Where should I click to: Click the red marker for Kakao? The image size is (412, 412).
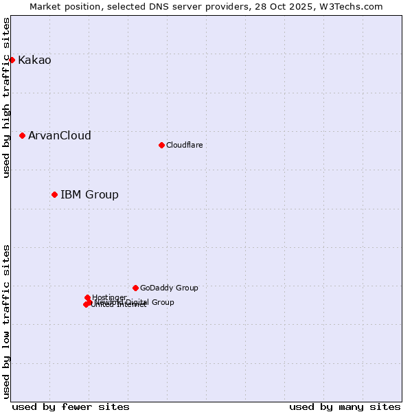12,60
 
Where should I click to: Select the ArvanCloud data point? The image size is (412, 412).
23,135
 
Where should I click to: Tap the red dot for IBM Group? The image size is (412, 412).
54,194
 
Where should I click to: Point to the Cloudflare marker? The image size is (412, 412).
161,145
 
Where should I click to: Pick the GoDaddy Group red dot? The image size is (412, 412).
135,288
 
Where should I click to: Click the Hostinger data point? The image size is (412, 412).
87,297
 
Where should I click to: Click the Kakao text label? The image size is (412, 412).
34,60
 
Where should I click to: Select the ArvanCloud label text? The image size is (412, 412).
60,136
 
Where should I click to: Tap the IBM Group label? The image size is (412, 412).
89,195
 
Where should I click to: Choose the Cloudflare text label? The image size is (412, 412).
184,145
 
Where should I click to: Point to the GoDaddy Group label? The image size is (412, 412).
169,288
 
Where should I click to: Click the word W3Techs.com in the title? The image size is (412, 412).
352,7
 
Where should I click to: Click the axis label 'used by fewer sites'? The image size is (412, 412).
71,407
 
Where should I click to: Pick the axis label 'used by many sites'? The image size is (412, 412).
345,407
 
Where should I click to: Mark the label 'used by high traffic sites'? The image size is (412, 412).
7,98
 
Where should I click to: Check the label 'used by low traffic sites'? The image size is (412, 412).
7,321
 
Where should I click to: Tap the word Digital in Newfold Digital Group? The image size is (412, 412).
137,302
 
